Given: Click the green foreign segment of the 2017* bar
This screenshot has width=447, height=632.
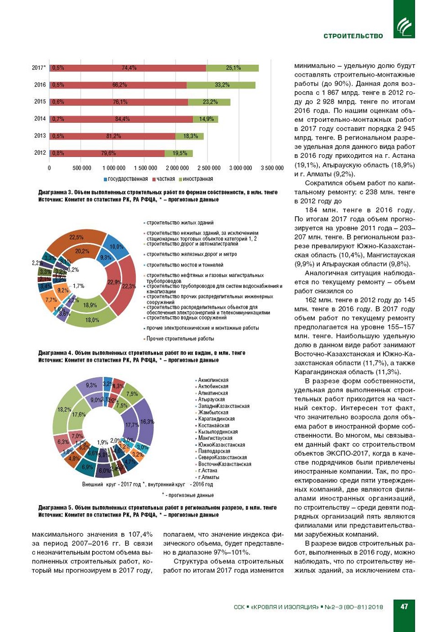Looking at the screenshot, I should (233, 68).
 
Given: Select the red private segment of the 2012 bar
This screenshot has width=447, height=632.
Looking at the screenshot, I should (108, 153).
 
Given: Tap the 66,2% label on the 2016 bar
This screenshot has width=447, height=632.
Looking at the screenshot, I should (120, 85).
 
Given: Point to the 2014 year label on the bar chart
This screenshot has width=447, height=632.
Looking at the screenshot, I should (40, 119).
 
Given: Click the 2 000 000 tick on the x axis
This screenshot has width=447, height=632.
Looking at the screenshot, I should (177, 168).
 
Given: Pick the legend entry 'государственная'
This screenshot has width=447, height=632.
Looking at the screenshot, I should (127, 179).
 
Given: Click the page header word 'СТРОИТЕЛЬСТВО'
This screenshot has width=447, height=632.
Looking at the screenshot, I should (353, 36).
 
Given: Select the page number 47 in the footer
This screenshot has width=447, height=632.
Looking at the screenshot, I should (404, 606).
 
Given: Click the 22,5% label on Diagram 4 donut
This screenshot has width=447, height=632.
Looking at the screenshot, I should (76, 237).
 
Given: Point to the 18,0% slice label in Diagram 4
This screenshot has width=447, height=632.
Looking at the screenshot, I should (92, 320).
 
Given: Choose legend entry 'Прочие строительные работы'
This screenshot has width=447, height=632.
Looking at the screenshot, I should (180, 339).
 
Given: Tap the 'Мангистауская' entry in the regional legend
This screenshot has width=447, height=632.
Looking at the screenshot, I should (215, 438).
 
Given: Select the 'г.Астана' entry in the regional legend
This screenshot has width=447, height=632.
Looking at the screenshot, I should (208, 470).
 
